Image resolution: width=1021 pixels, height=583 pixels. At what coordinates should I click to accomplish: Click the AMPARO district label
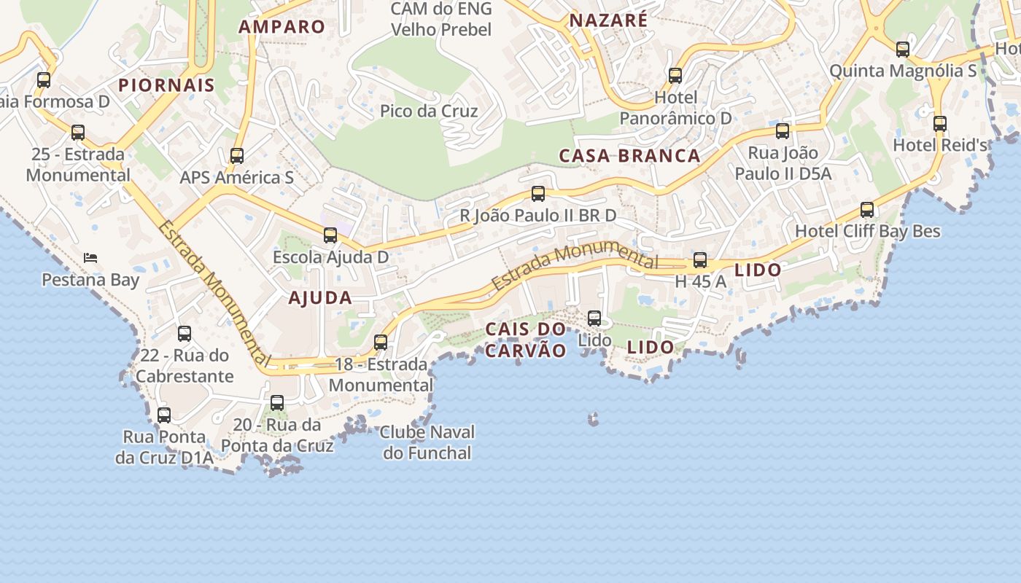(282, 27)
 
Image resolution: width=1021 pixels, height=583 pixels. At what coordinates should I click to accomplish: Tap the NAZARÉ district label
(608, 20)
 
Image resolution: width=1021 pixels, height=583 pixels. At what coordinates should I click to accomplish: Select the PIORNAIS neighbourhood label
(167, 85)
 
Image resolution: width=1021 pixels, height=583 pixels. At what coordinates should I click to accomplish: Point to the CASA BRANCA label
(629, 155)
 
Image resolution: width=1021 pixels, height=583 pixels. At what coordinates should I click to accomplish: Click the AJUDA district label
(320, 297)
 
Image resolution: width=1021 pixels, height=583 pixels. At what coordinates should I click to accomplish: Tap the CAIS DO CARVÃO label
(526, 340)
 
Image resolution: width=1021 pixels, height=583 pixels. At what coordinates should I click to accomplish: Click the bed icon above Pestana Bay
(90, 257)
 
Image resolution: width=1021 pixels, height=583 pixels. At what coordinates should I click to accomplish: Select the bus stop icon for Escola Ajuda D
(330, 235)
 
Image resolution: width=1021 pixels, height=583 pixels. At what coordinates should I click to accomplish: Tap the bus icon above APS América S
(236, 155)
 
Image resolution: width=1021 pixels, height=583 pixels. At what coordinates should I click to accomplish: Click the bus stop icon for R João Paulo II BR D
(538, 193)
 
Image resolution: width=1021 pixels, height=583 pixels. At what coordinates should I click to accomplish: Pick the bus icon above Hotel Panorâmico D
(675, 75)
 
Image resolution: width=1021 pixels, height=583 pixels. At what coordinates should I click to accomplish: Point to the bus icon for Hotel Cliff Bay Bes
(867, 209)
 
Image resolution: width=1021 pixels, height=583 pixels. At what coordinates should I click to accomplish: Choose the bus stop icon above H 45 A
(700, 259)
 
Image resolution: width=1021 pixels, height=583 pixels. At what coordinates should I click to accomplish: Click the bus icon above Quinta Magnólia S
(903, 49)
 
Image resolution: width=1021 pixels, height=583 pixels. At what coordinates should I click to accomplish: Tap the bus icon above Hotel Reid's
(940, 123)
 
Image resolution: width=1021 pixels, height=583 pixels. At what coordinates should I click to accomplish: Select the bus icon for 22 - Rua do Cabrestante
(185, 333)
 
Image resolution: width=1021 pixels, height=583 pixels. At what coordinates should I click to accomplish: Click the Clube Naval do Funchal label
(427, 442)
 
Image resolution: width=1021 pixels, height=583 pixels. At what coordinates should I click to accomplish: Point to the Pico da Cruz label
(429, 111)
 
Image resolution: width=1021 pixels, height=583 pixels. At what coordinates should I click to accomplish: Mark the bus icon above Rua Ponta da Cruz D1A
(164, 415)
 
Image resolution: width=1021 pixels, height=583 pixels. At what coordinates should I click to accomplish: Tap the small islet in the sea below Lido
(594, 418)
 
